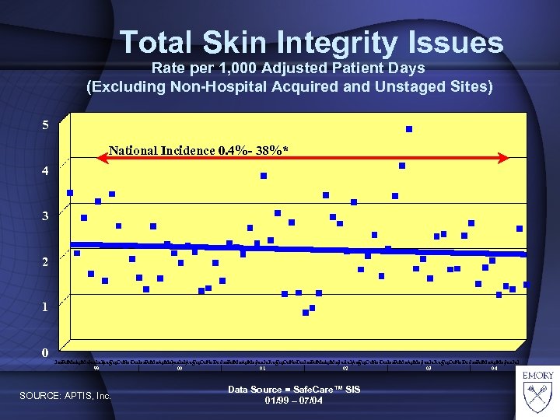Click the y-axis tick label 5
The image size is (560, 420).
coord(47,124)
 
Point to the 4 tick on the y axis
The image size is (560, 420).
coord(47,170)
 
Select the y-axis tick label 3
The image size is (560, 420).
coord(47,215)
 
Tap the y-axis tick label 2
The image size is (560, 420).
coord(47,261)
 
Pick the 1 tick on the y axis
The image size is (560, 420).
coord(47,306)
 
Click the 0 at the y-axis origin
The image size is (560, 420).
coord(47,352)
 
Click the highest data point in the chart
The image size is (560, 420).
coord(409,129)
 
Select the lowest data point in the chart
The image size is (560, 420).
coord(306,313)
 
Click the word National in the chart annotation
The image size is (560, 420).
coord(133,149)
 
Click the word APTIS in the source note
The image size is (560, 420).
coord(82,397)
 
